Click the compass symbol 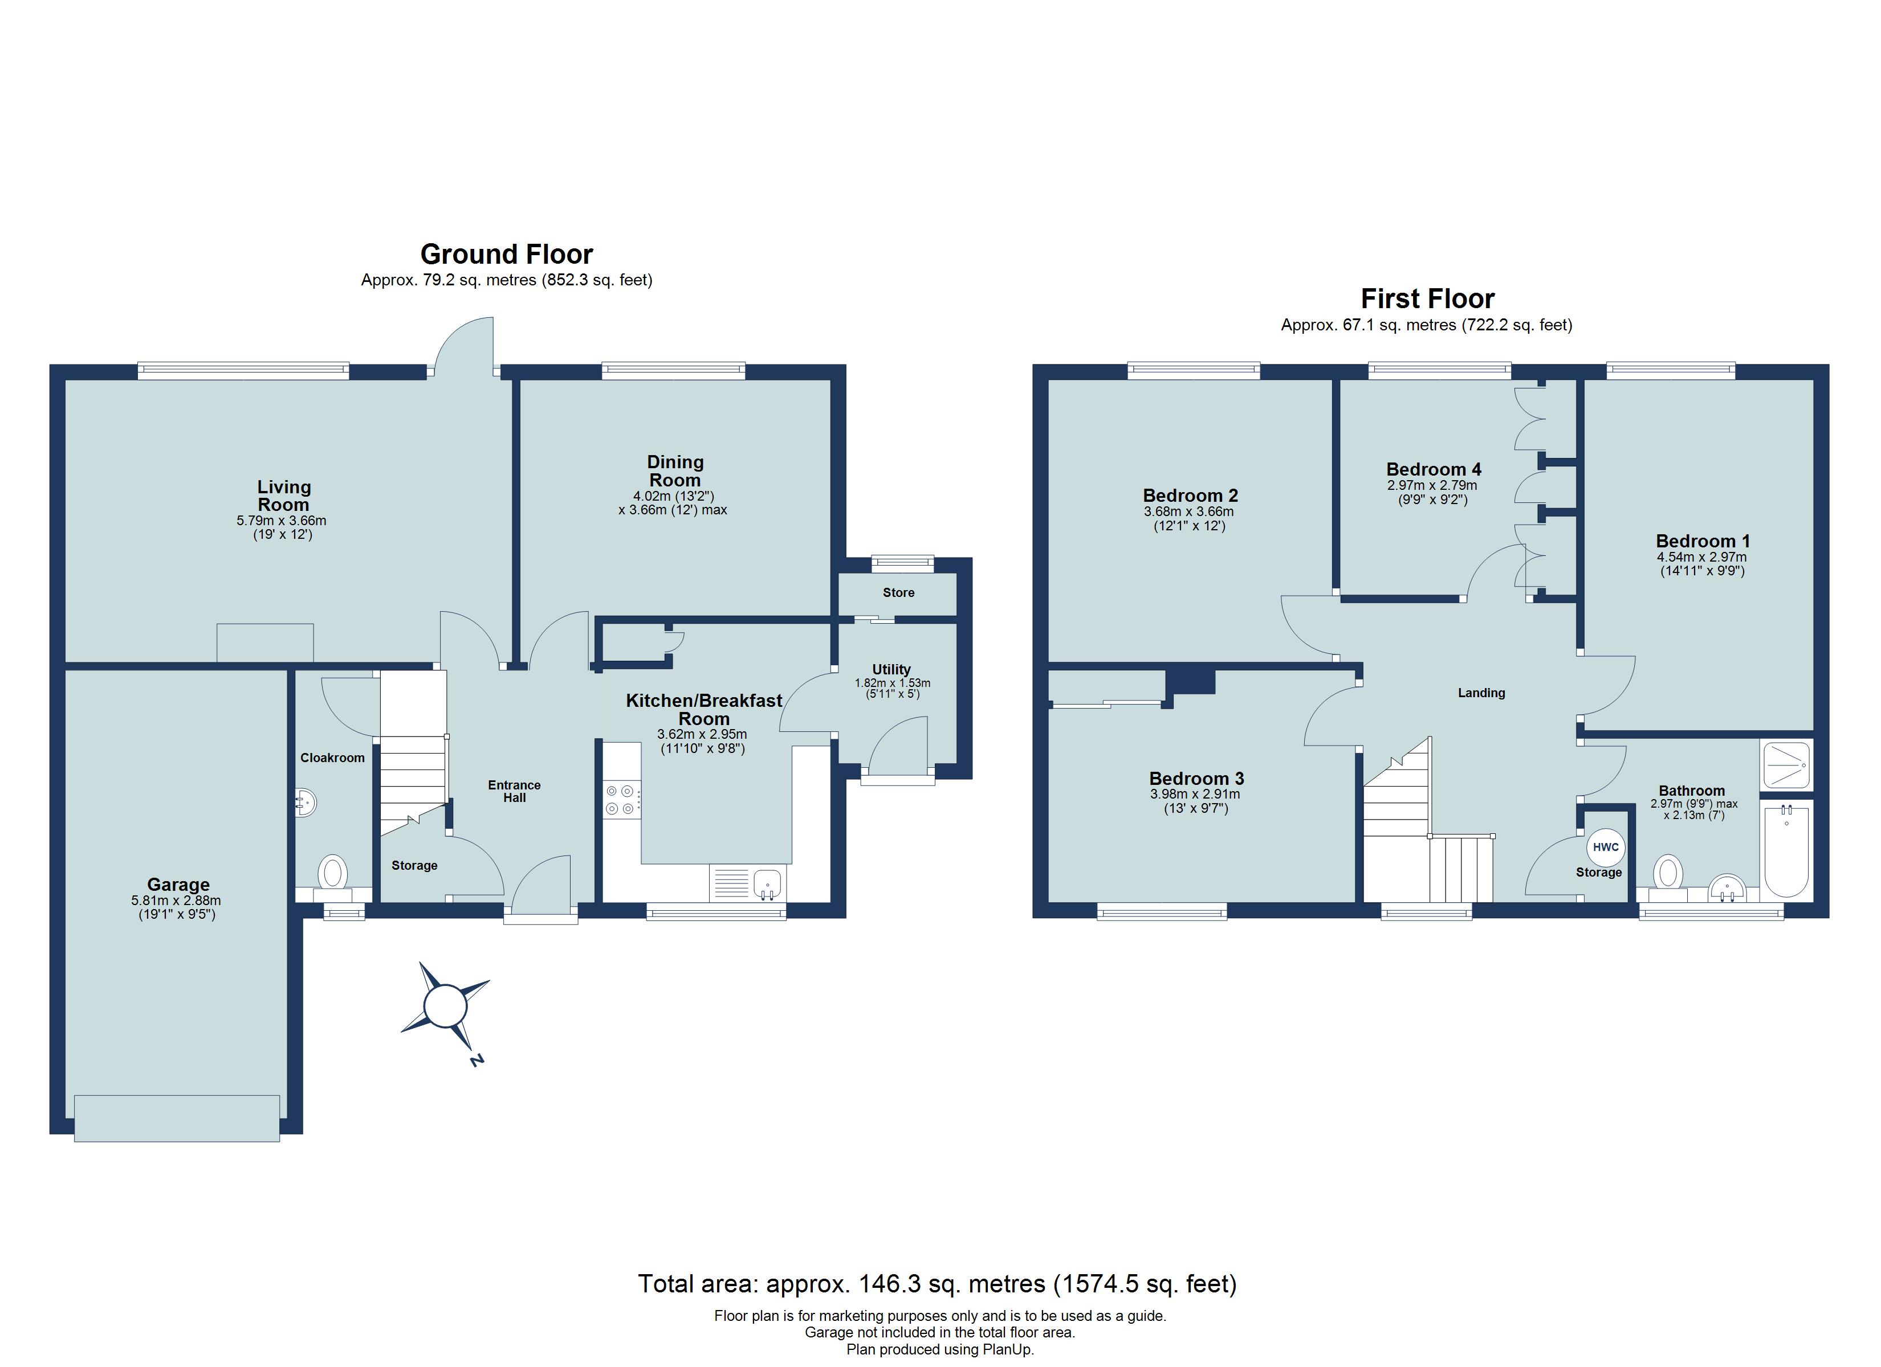445,1006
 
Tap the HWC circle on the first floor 1606,847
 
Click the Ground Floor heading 507,253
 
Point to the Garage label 178,885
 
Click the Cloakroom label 332,758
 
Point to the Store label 898,593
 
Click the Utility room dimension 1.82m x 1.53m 893,683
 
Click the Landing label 1481,693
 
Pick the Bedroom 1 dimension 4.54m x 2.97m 1702,557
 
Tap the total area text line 937,1284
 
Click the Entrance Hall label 514,791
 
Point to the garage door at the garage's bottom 177,1118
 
